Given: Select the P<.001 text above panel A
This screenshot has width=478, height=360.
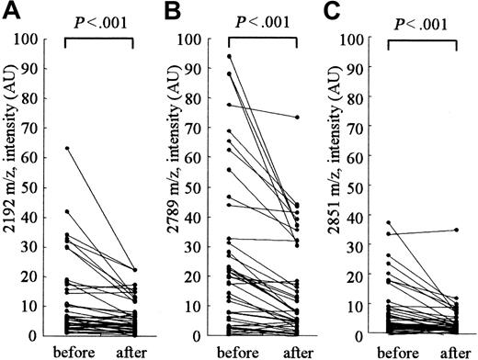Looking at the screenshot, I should tap(100, 21).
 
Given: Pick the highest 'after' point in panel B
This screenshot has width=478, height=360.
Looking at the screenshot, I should tap(296, 118).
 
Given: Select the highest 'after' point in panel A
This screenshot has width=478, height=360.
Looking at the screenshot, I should tap(135, 269).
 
